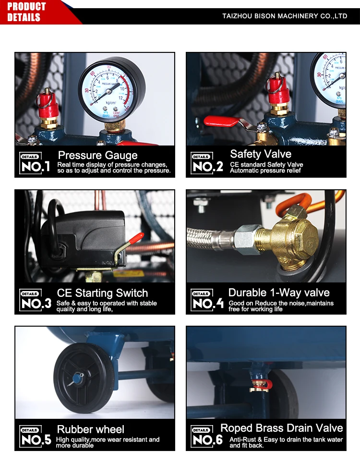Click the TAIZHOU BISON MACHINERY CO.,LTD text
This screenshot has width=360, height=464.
tap(285, 16)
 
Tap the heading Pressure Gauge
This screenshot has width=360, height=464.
tap(97, 155)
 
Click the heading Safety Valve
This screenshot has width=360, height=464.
tap(260, 154)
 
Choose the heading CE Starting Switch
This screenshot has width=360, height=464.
tap(102, 293)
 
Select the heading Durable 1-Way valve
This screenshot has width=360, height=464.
tap(279, 293)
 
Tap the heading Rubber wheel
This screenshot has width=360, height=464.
tap(90, 429)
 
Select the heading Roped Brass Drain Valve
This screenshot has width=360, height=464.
tap(281, 428)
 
